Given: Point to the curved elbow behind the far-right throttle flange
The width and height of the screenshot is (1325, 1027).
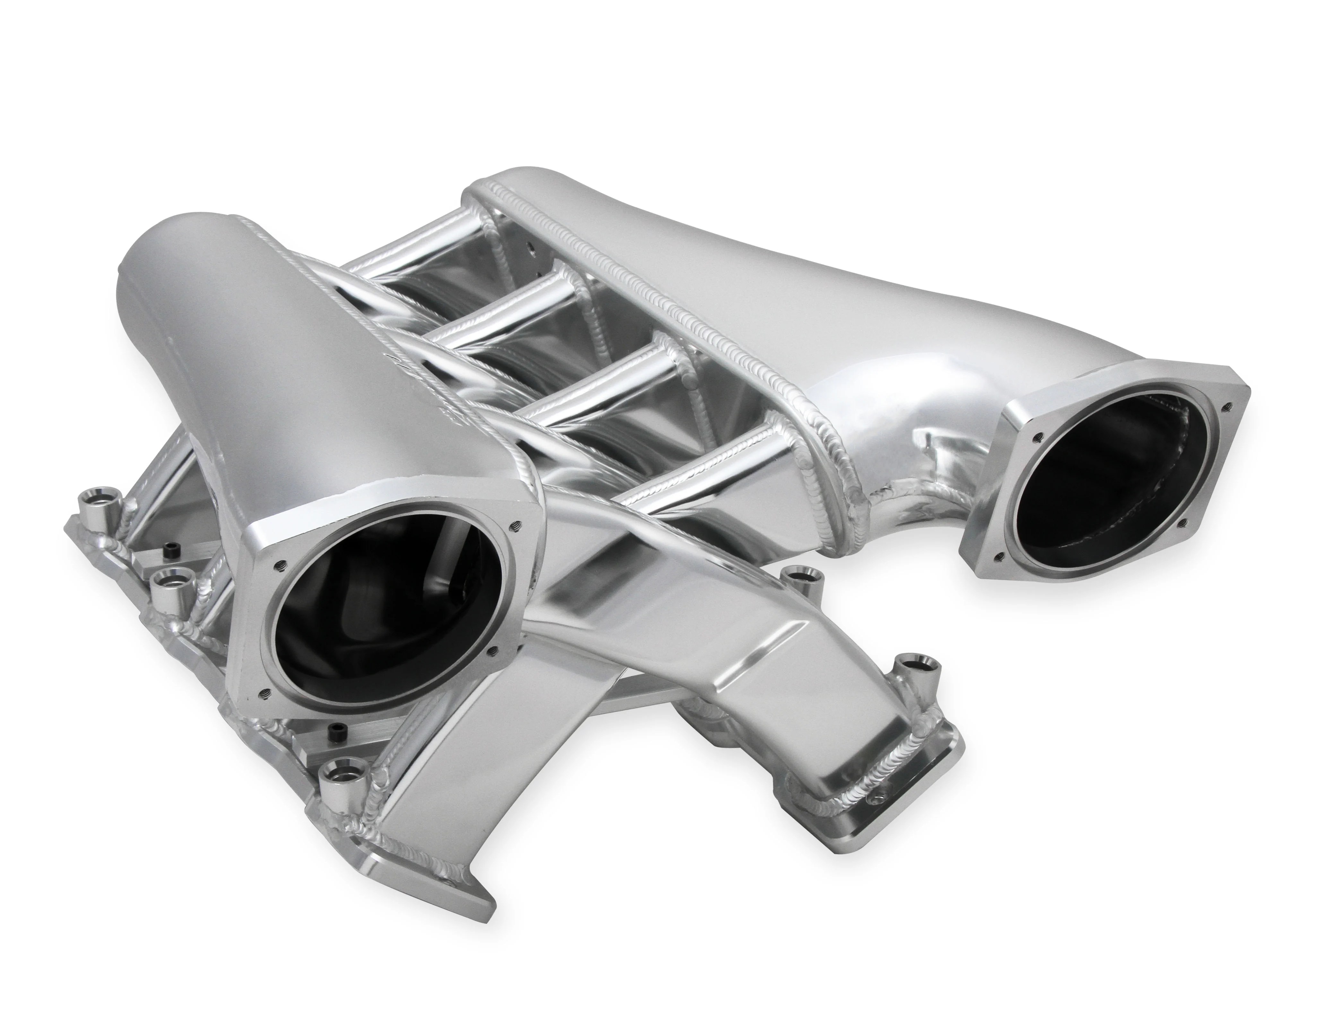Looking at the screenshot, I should pyautogui.click(x=934, y=437).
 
